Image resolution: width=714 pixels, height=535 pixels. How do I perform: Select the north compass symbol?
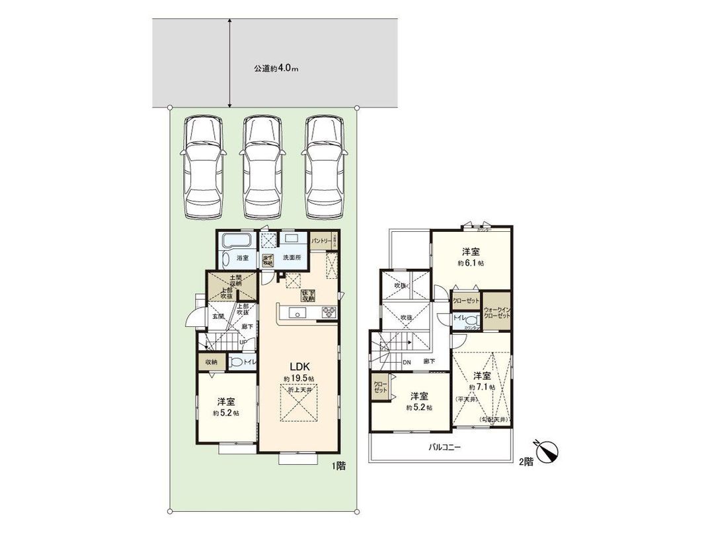click(x=548, y=452)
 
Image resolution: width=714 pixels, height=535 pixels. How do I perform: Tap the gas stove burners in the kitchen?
click(x=329, y=312)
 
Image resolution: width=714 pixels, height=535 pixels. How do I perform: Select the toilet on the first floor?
click(x=236, y=362)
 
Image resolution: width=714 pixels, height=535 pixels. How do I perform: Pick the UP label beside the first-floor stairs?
click(x=243, y=342)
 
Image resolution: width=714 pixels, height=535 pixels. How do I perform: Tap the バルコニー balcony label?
click(x=439, y=447)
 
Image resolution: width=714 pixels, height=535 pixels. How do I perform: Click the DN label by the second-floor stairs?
click(x=407, y=362)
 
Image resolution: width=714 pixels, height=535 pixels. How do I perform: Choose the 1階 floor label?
click(x=338, y=466)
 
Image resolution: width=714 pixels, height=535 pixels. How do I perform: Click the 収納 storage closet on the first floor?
click(x=211, y=362)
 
